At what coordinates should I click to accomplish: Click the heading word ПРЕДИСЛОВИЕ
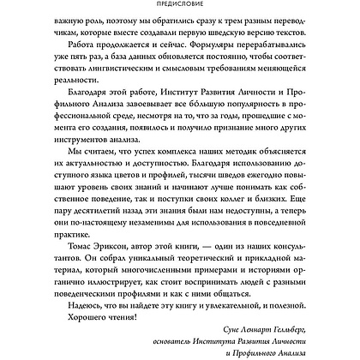180,5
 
